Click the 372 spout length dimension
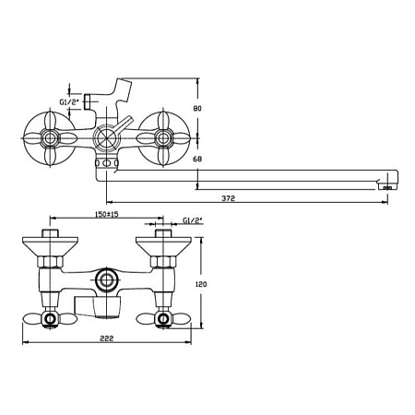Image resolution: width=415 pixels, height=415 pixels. (228, 198)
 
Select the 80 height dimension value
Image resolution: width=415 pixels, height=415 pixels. (197, 109)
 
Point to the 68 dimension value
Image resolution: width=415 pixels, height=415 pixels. (197, 160)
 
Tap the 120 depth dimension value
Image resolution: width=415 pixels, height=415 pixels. (201, 284)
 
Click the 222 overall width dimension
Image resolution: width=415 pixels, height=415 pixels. (107, 338)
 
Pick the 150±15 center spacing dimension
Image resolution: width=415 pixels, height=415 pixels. (107, 214)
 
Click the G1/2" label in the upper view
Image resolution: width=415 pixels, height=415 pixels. (69, 102)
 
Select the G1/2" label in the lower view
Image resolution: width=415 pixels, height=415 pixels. (193, 220)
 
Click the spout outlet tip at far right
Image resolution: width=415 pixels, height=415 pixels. (388, 186)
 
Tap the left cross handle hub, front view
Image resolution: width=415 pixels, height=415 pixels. (50, 138)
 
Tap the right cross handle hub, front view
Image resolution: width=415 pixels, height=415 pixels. (163, 138)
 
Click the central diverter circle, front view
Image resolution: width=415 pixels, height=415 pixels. (106, 138)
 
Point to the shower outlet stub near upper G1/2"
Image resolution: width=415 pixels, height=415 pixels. (87, 101)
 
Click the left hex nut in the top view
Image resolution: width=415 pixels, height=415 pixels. (50, 262)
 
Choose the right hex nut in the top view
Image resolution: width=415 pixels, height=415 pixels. (163, 262)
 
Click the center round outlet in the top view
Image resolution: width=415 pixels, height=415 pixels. (107, 280)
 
